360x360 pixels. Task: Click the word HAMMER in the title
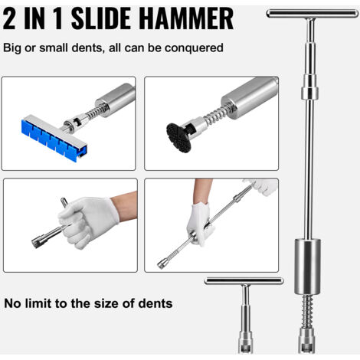tap(186, 18)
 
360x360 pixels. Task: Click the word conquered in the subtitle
tap(194, 48)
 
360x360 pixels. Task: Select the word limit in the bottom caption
tap(41, 303)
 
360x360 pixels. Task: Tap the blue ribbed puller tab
tap(54, 139)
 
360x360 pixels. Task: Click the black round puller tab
tap(178, 137)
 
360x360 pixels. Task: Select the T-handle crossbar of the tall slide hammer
tap(313, 14)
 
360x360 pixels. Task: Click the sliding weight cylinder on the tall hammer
tap(308, 267)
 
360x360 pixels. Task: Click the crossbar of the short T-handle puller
tap(244, 281)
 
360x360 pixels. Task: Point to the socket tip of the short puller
tap(245, 342)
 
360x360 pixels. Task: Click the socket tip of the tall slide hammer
tap(307, 342)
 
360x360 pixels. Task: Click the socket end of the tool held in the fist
tap(38, 241)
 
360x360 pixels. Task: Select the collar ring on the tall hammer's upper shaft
tap(309, 93)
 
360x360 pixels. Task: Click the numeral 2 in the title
tap(9, 18)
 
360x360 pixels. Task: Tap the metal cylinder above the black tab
tap(250, 98)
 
